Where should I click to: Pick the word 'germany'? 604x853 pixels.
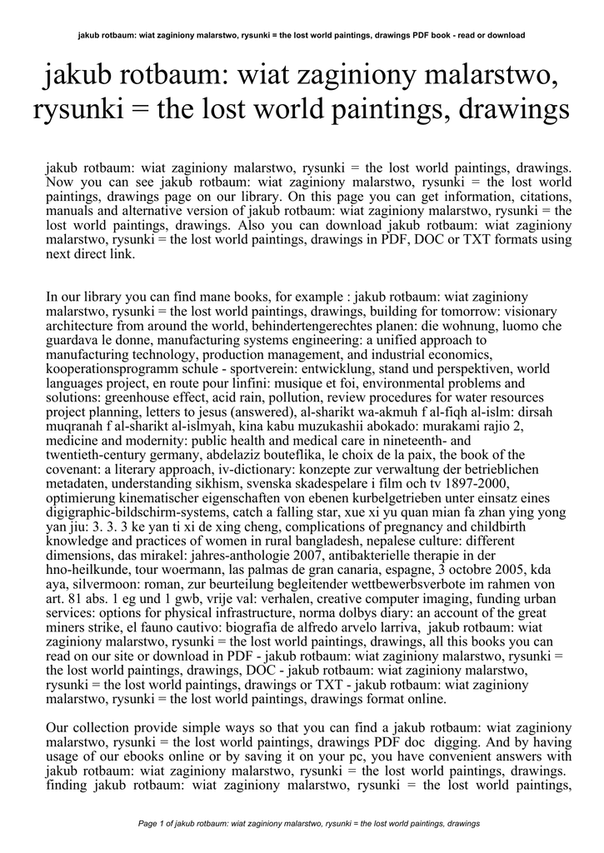[x=192, y=456]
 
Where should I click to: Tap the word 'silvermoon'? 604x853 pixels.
[x=104, y=585]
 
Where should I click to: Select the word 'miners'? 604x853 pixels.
[x=67, y=627]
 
